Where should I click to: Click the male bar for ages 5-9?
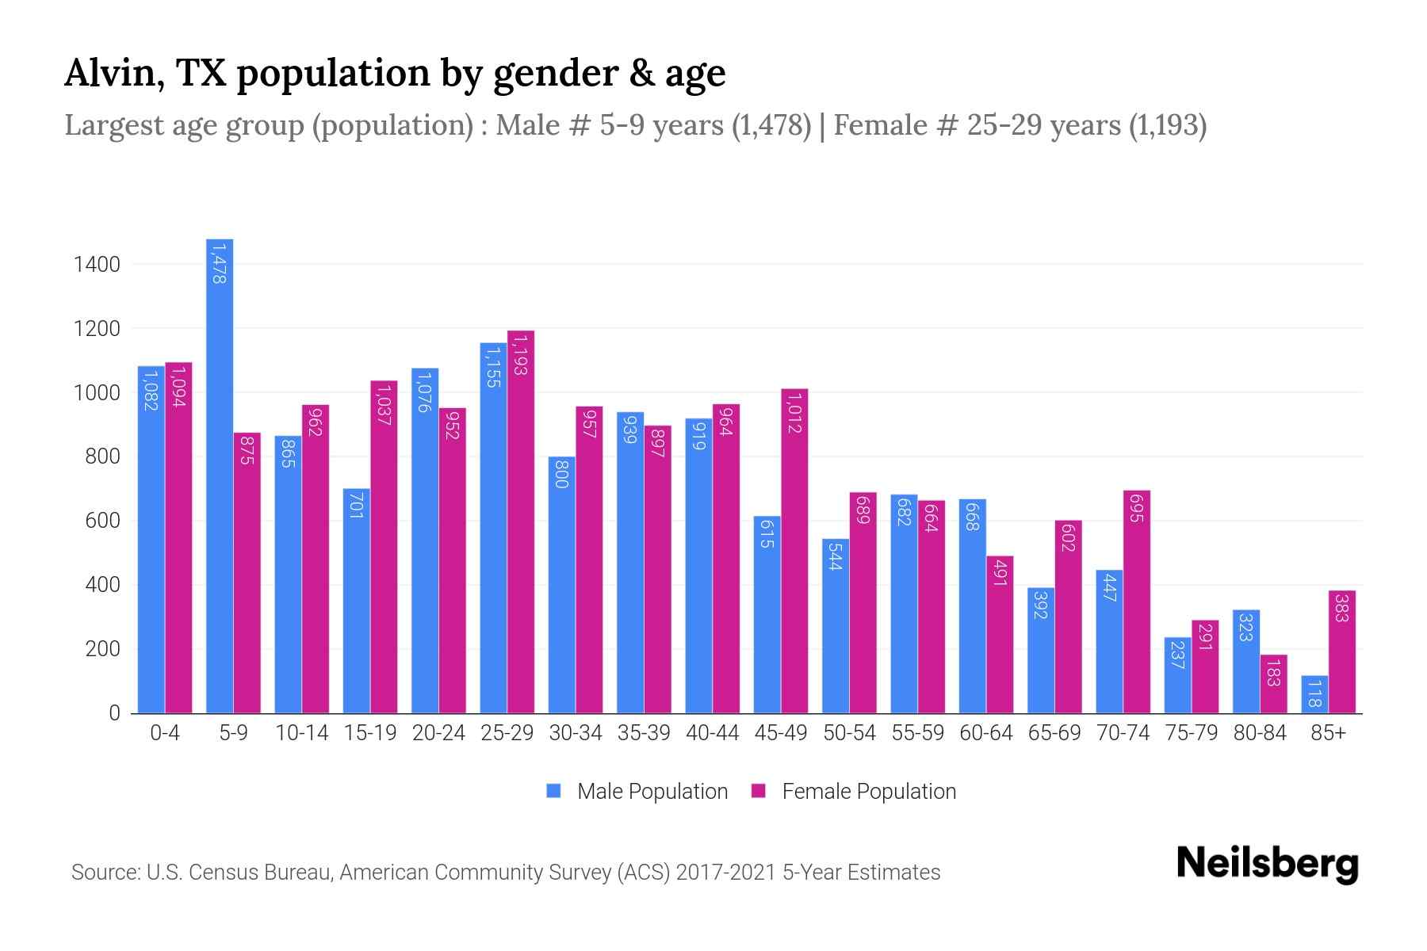click(220, 475)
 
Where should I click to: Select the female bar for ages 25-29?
click(521, 523)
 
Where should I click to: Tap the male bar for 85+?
click(1314, 695)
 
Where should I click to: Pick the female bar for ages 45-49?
click(794, 555)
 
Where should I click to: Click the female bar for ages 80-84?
click(1273, 683)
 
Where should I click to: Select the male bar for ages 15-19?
click(357, 602)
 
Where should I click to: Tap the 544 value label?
click(836, 556)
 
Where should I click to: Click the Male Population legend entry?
click(637, 792)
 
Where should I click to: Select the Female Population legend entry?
click(854, 792)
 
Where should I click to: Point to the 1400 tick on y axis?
click(97, 264)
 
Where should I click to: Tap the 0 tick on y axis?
click(115, 713)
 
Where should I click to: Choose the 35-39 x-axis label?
click(644, 733)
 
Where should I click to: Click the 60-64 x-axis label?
click(985, 733)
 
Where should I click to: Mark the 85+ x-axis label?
click(1328, 733)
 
